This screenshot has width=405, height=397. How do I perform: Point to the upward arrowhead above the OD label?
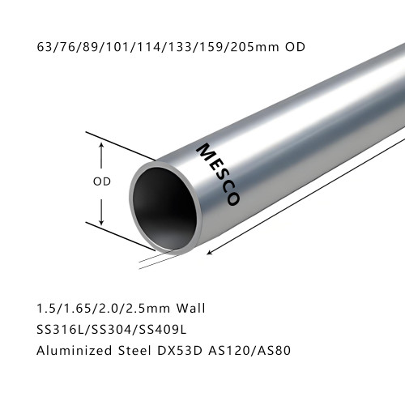coord(101,145)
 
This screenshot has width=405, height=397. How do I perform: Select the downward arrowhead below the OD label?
coord(101,221)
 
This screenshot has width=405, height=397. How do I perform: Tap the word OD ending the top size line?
coord(296,46)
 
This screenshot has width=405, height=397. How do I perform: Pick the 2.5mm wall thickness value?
coord(147,308)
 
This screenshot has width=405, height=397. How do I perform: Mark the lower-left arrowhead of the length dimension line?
coord(211,253)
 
